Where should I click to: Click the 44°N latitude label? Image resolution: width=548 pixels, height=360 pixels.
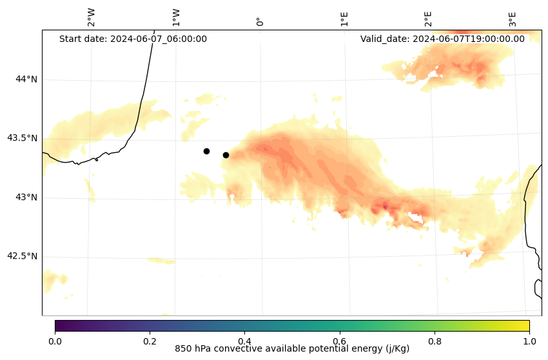click(26, 79)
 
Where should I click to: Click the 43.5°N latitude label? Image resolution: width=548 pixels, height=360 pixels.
click(23, 138)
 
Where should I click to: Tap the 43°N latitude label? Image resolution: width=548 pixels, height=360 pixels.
click(26, 197)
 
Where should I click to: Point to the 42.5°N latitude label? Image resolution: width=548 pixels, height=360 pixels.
click(23, 256)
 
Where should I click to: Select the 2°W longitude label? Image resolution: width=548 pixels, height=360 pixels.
click(92, 17)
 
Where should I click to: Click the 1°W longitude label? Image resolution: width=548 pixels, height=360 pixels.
click(176, 17)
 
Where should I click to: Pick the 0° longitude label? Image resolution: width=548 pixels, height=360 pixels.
click(260, 21)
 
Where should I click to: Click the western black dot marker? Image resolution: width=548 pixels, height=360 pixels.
click(206, 151)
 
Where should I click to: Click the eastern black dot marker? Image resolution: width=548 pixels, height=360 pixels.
click(226, 155)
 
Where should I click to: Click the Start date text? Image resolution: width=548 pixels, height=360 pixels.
click(133, 39)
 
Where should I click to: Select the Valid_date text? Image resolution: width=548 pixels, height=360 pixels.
click(442, 39)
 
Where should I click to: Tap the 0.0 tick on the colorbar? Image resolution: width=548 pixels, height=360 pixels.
click(55, 341)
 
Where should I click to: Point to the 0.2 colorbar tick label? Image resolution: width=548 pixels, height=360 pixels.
click(150, 341)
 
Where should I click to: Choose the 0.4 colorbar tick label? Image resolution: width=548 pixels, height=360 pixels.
click(244, 341)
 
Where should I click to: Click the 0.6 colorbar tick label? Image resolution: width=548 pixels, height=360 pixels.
click(339, 341)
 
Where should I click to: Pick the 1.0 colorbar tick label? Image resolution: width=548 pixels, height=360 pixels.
click(529, 341)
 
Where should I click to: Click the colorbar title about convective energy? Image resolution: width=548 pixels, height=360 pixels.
click(292, 349)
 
